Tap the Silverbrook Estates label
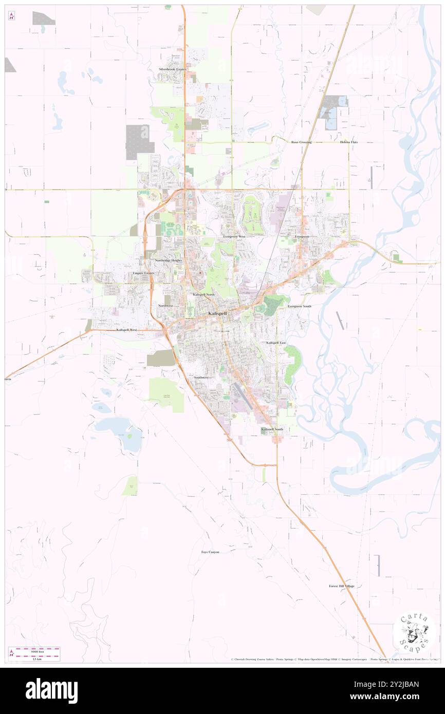coord(172,69)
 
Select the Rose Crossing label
coord(301,142)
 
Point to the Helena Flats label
coord(349,142)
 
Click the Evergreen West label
coord(234,236)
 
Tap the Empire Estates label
coord(143,273)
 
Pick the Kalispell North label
coord(203,294)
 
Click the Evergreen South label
coord(300,306)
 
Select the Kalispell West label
coord(127,330)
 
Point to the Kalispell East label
coord(276,343)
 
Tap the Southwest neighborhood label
coord(201,378)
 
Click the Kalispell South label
coord(271,429)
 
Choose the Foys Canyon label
coord(210,552)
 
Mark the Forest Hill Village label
coord(342,586)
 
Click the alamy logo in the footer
coord(51,691)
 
